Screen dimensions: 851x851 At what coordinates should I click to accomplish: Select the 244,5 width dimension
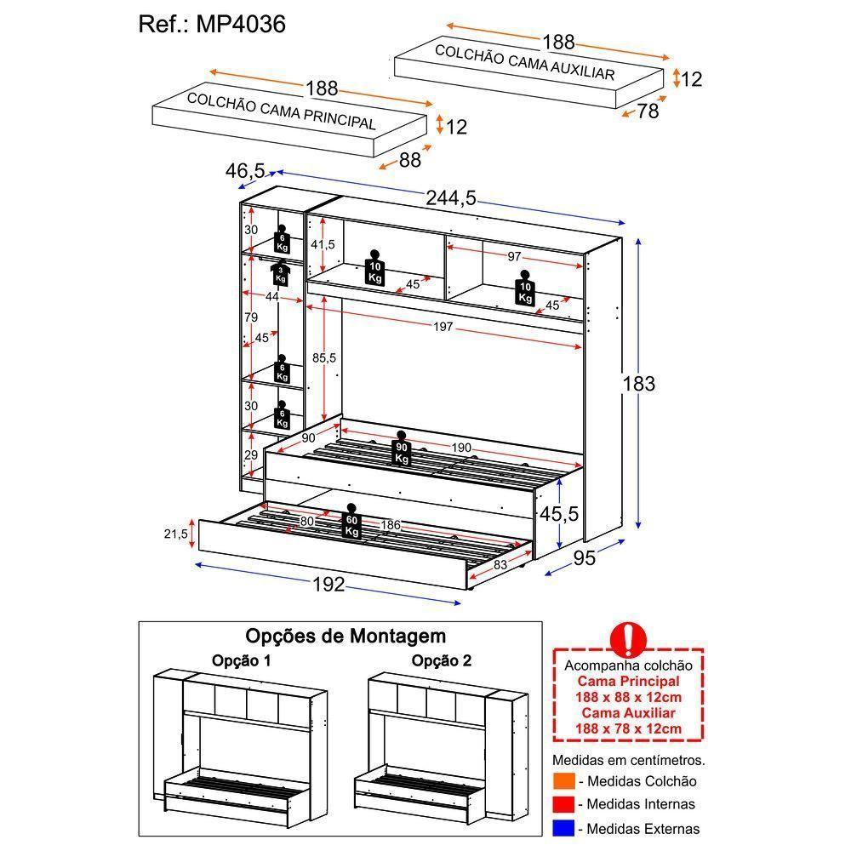(450, 199)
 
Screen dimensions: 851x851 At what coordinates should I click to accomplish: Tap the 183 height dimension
(638, 384)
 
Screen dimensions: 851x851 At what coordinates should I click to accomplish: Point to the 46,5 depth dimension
(243, 170)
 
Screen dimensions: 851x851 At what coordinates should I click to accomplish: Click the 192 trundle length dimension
(328, 585)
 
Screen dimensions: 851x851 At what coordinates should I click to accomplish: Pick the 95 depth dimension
(583, 559)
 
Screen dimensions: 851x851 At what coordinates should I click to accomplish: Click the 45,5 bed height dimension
(559, 514)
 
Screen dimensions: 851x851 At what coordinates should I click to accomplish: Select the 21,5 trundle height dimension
(175, 534)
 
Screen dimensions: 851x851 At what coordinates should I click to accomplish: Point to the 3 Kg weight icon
(280, 274)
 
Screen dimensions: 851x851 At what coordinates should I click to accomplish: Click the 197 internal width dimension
(442, 328)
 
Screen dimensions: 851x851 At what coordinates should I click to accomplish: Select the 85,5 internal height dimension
(323, 358)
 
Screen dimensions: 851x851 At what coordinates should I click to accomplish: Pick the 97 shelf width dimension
(515, 257)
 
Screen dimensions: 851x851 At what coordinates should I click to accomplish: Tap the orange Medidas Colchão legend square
(563, 781)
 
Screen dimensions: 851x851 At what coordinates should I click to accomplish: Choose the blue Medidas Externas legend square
(563, 827)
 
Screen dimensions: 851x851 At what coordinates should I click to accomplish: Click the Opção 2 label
(442, 660)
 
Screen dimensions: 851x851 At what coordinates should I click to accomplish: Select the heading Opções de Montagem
(346, 636)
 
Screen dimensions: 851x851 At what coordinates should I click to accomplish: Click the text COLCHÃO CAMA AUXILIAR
(524, 62)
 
